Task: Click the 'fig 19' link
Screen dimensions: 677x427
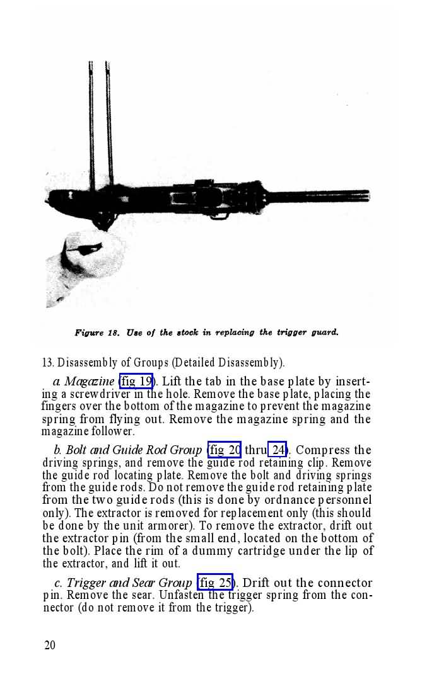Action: tap(136, 382)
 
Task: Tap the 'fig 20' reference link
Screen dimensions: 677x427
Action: tap(224, 450)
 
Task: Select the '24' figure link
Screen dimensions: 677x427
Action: tap(278, 450)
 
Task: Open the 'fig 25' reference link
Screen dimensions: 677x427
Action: tap(215, 583)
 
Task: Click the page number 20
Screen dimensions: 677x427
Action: tap(50, 645)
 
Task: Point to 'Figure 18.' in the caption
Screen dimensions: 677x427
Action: tap(97, 333)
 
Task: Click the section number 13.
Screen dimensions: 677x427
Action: tap(47, 363)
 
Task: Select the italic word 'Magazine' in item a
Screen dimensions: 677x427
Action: tap(89, 382)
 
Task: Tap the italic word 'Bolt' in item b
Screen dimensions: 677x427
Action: tap(76, 450)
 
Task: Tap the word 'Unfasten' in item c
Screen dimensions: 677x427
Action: tap(182, 595)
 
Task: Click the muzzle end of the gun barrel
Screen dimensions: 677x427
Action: tap(366, 196)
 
